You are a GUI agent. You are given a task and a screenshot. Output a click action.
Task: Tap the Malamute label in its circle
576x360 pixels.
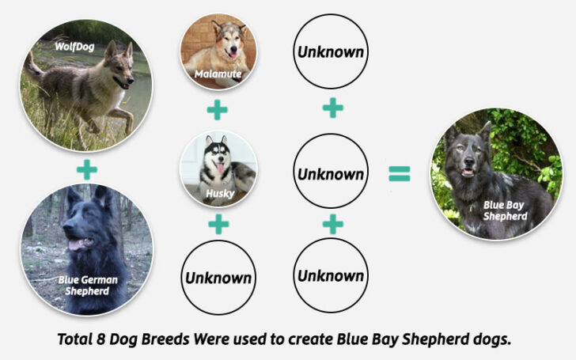(218, 74)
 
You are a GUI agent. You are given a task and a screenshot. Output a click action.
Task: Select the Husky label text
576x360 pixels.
(218, 192)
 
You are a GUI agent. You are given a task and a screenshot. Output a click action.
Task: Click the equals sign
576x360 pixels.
(400, 175)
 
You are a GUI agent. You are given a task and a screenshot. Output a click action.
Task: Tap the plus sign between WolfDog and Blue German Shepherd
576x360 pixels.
(87, 169)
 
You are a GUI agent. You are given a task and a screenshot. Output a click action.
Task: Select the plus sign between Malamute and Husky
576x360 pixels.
(218, 109)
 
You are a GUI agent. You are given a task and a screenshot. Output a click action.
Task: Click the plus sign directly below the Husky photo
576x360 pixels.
(218, 225)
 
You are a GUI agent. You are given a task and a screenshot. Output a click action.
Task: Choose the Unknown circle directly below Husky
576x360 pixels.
(218, 278)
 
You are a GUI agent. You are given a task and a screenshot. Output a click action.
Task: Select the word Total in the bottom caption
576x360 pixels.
(76, 339)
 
